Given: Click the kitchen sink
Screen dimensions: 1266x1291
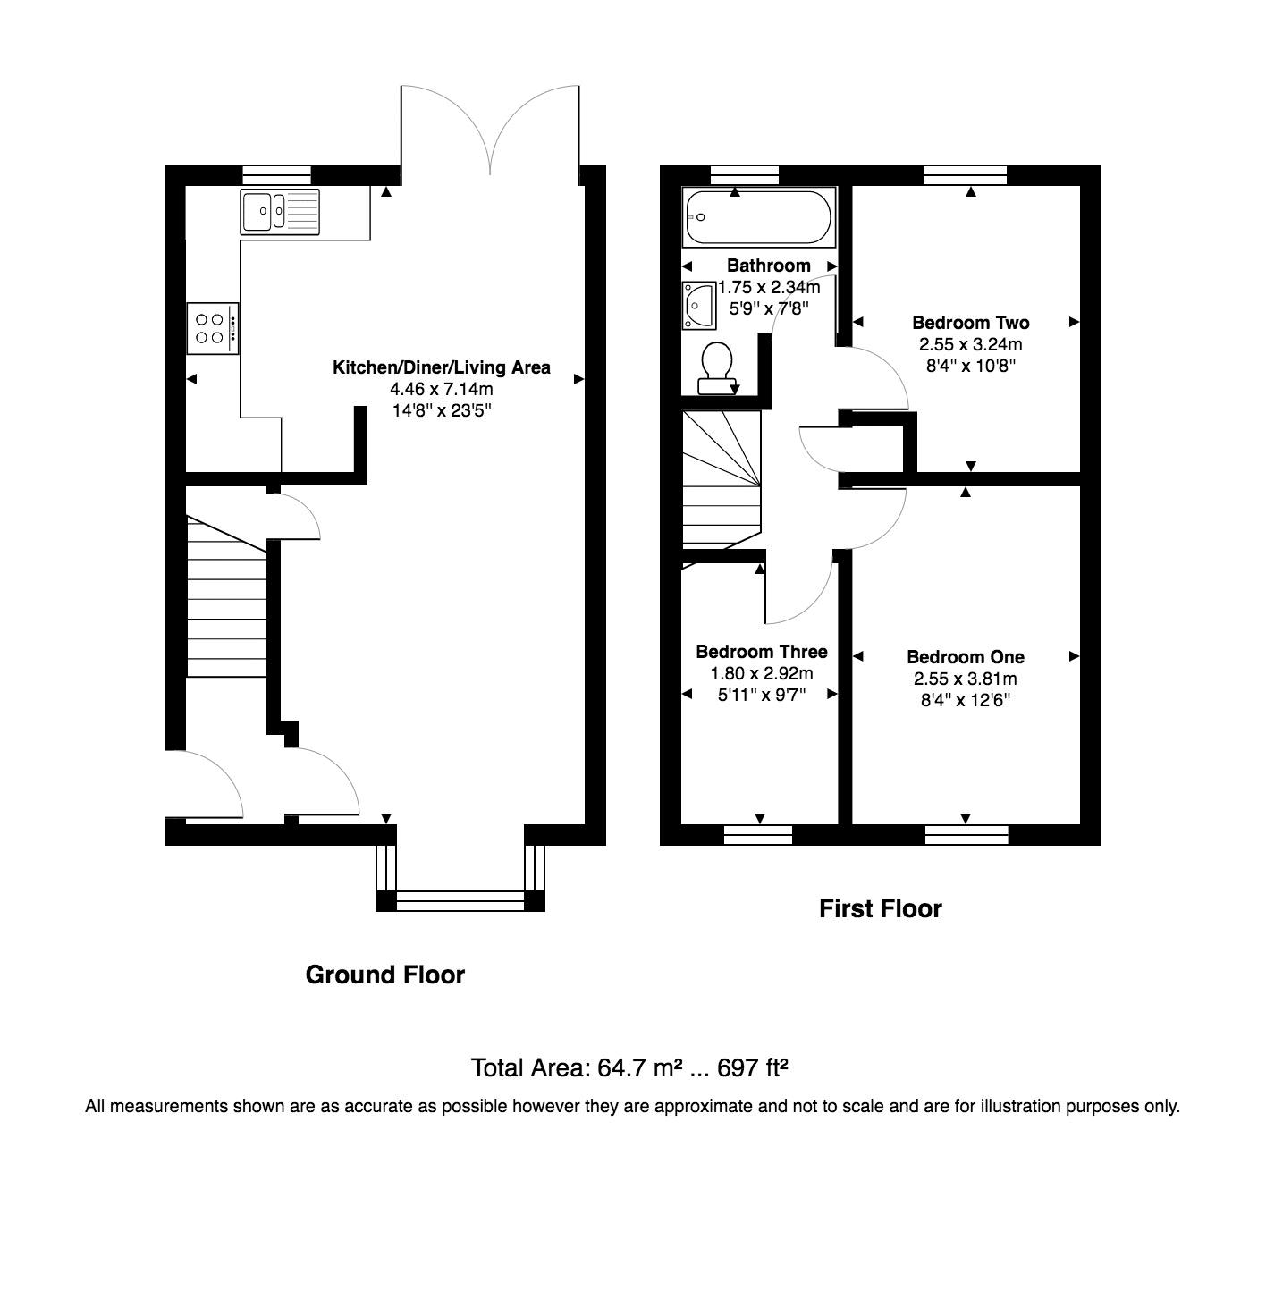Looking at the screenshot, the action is tap(279, 211).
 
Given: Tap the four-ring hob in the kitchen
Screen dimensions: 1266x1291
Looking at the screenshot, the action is tap(213, 329).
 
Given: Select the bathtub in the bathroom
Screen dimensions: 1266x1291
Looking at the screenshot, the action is tap(757, 217).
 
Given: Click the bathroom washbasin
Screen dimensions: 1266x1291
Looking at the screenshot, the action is tap(696, 304).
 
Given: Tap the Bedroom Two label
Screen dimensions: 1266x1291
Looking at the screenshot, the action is tap(970, 323).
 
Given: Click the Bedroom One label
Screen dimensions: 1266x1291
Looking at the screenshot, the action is tap(966, 657).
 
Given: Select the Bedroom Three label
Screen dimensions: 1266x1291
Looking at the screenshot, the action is tap(762, 652).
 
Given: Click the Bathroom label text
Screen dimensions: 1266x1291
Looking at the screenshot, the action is tap(768, 266).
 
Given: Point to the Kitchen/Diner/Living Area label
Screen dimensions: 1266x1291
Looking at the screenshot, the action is tap(442, 367).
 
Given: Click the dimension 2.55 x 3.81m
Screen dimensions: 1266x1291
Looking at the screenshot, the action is tap(966, 679).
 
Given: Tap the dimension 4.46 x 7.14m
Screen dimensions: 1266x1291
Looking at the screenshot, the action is tap(442, 389).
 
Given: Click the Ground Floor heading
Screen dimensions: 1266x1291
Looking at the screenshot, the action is tap(385, 975).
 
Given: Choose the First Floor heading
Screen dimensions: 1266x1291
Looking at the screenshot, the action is tap(881, 909).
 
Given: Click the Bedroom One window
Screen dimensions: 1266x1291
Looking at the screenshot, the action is tap(966, 835).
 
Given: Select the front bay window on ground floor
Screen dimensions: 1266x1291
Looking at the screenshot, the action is tap(460, 901).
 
